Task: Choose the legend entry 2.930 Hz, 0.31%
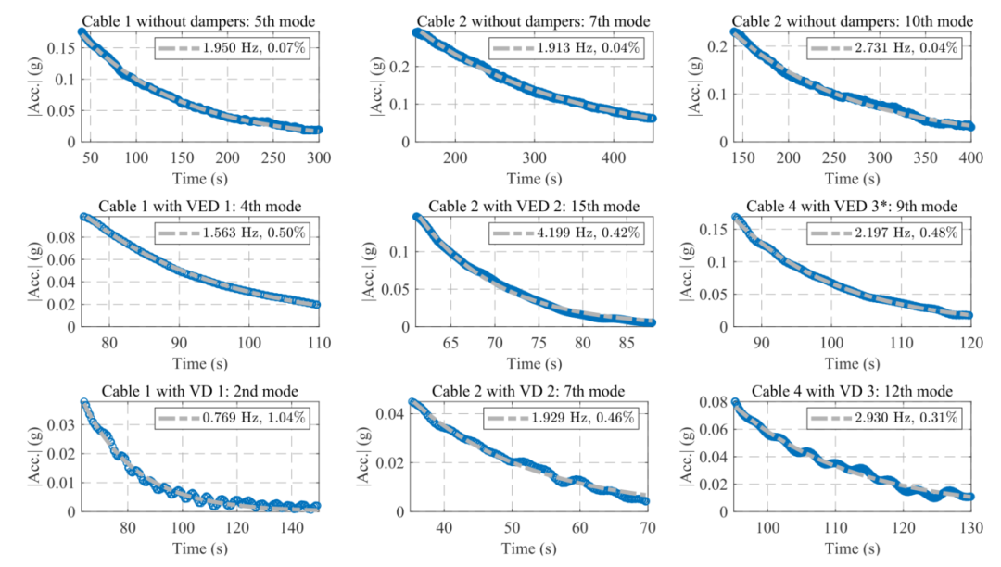(885, 418)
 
